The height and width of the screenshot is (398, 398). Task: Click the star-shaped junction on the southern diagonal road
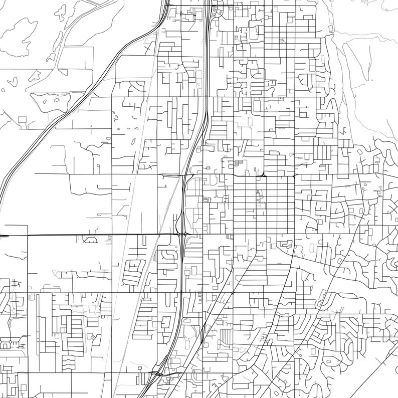pyautogui.click(x=233, y=292)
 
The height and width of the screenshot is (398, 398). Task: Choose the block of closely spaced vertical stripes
pyautogui.click(x=227, y=335)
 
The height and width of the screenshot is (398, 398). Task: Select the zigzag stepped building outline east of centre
pyautogui.click(x=286, y=244)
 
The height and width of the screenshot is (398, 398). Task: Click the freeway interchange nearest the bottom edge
pyautogui.click(x=159, y=373)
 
